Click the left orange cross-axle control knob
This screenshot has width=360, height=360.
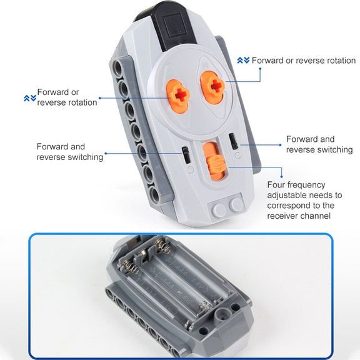point(177,97)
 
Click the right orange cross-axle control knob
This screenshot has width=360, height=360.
point(213,87)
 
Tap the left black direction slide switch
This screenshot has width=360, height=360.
point(186,155)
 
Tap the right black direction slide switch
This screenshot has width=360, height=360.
point(234,141)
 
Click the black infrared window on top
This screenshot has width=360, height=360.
point(176,26)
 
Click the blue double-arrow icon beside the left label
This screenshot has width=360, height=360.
point(30,98)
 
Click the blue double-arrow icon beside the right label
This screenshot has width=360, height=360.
point(243,61)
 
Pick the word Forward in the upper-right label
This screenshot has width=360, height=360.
point(267,61)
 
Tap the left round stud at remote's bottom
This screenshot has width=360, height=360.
point(219,210)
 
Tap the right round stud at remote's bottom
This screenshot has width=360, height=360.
point(236,204)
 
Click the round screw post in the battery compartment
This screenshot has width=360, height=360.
point(222,315)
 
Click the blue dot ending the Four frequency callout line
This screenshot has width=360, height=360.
point(281,176)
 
